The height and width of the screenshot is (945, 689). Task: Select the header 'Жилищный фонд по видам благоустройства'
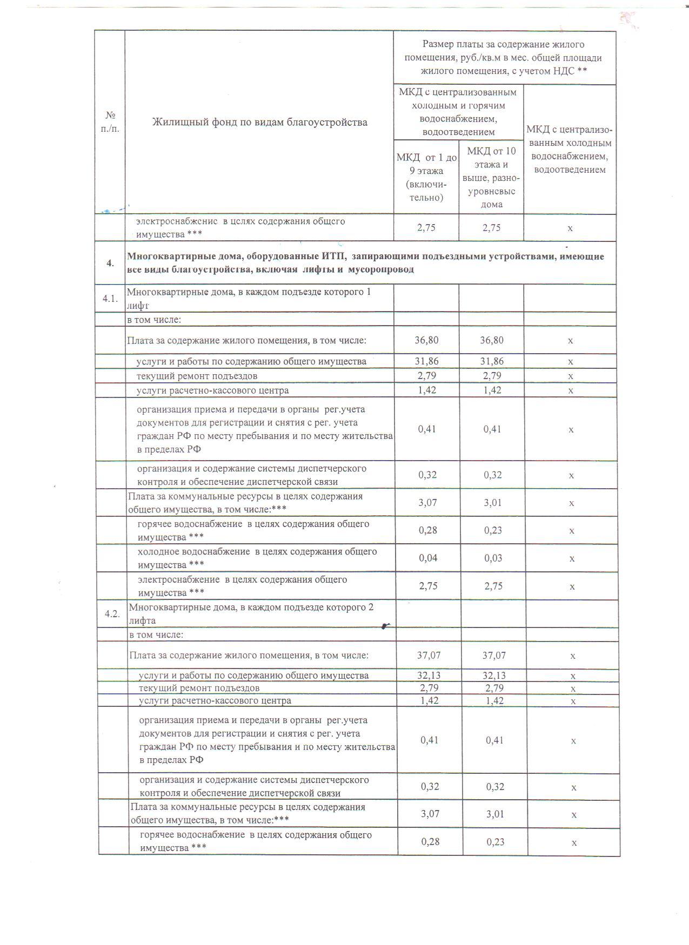click(259, 122)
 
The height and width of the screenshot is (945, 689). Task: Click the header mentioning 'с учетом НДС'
click(504, 58)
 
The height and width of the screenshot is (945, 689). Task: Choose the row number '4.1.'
click(110, 298)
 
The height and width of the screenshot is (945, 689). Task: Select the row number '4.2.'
click(112, 614)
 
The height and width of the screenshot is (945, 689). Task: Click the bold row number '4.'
click(110, 263)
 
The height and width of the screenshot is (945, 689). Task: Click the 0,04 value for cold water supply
click(429, 558)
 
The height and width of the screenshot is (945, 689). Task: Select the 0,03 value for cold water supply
click(493, 558)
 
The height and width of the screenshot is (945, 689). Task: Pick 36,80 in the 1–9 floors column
click(427, 340)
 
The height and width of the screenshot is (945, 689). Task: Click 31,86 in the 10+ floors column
click(492, 361)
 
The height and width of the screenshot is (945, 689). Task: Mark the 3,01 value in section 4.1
click(493, 502)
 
